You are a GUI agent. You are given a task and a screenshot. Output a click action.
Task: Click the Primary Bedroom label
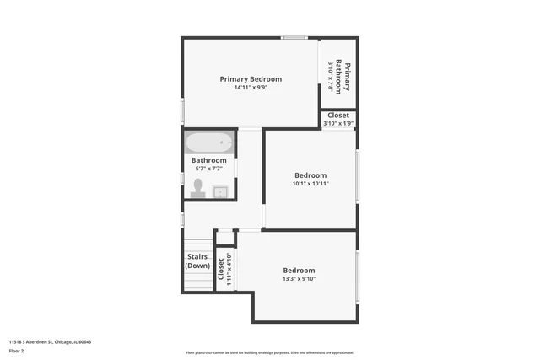tap(251, 79)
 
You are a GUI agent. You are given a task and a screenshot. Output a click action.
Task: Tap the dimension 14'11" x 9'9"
tap(251, 88)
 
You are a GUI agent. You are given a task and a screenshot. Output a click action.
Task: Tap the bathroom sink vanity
tap(220, 191)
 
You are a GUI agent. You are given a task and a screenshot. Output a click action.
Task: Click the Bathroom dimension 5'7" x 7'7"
tap(208, 169)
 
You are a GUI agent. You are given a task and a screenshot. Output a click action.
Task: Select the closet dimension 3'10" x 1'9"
tap(338, 124)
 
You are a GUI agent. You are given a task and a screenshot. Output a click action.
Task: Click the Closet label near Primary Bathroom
tap(338, 116)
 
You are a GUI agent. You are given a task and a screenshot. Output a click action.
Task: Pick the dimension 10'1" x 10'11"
tap(310, 184)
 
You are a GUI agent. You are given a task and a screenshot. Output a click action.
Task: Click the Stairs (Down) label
tap(197, 261)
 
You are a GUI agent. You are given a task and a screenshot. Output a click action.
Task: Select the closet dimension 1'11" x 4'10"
tap(229, 271)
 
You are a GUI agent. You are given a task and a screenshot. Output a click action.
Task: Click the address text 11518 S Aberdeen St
tap(50, 342)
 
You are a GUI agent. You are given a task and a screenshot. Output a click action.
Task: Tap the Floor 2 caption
tap(17, 351)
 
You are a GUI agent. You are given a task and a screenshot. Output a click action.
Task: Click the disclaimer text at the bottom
tap(269, 352)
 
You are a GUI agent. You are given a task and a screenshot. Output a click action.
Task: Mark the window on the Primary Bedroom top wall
tap(294, 37)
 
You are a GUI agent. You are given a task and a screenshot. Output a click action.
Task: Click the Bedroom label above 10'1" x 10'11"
tap(310, 175)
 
